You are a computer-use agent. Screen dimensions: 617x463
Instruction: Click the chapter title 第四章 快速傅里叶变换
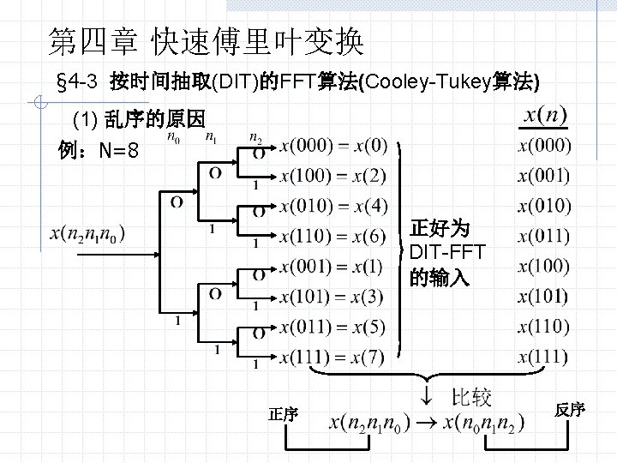tap(206, 39)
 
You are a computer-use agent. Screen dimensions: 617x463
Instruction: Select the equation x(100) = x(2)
tap(333, 177)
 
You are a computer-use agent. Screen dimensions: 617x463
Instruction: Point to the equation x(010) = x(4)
tap(333, 207)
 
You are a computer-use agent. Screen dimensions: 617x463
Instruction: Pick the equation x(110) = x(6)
tap(333, 237)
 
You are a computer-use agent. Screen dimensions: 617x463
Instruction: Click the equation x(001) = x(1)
tap(332, 266)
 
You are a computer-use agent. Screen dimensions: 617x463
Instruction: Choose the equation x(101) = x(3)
tap(332, 297)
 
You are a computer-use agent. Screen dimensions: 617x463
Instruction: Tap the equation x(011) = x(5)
tap(332, 327)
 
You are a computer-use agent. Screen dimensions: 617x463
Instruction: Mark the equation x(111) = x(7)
tap(332, 357)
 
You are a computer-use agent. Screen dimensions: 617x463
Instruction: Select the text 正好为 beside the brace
tap(439, 228)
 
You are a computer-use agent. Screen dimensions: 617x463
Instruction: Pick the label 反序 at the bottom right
tap(569, 410)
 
